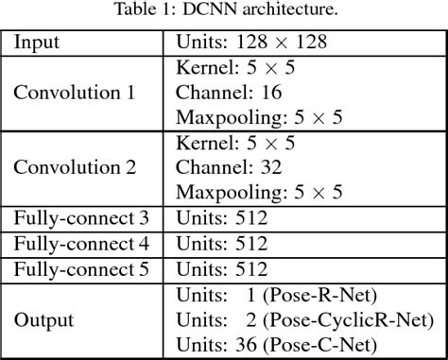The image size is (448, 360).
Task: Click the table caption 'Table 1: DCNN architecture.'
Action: point(225,12)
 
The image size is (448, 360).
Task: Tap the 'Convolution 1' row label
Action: point(73,94)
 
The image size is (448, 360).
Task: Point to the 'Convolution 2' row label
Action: point(73,167)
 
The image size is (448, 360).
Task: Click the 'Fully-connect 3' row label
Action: point(82,218)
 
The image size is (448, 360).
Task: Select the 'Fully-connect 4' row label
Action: point(82,243)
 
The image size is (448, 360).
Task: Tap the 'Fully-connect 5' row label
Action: point(82,267)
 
